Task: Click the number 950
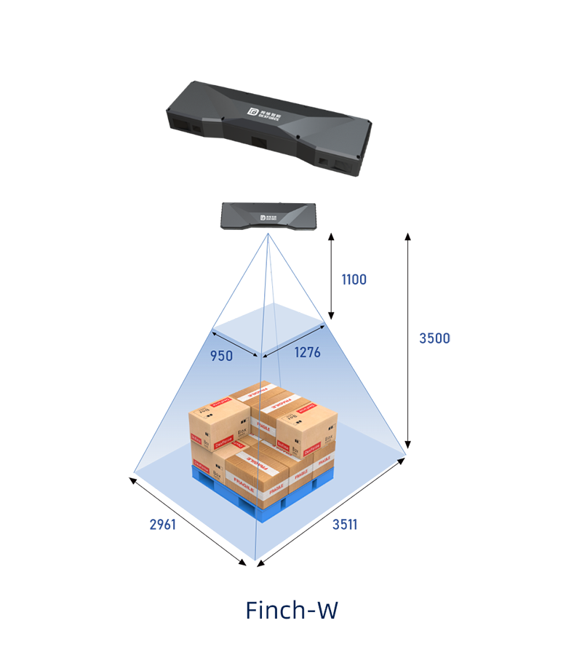222,356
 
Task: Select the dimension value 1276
307,352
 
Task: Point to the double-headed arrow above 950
235,345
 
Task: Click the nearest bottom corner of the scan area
254,563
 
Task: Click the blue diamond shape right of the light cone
362,274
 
